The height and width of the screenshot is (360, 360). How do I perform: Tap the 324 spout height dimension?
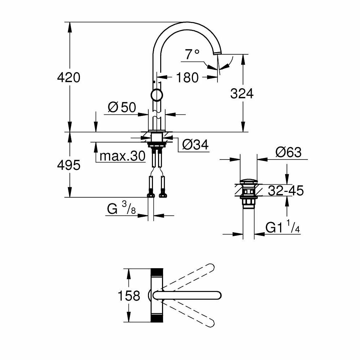coord(242,94)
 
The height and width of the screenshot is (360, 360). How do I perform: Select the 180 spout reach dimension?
coord(188,77)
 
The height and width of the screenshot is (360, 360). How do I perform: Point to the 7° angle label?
coord(192,55)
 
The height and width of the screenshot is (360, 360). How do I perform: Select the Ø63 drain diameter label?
coord(288,152)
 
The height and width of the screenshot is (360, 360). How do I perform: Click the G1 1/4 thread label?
coord(283,228)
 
